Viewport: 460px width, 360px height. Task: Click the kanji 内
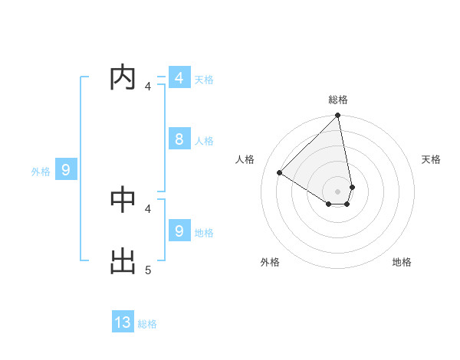tap(123, 78)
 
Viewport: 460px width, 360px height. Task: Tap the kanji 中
tap(123, 200)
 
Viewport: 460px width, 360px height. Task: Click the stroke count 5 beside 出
tap(148, 270)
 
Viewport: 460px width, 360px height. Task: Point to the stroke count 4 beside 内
tap(148, 87)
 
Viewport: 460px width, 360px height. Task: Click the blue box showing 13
tap(123, 322)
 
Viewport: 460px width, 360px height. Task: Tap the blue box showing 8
tap(179, 139)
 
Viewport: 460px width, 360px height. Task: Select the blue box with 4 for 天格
tap(179, 78)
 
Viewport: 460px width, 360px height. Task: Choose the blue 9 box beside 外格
tap(65, 170)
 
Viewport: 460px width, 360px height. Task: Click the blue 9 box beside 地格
tap(179, 231)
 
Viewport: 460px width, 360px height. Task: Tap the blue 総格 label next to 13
tap(147, 324)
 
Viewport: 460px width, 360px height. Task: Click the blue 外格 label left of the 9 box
tap(41, 172)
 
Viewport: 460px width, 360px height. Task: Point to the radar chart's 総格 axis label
tap(338, 100)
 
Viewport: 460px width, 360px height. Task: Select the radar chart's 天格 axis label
tap(432, 159)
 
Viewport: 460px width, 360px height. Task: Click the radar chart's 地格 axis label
tap(402, 262)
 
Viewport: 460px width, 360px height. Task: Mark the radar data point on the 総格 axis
tap(338, 116)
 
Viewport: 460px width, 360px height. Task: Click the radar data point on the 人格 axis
tap(280, 172)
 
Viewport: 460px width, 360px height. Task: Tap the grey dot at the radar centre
tap(338, 191)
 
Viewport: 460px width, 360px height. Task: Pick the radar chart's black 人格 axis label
tap(245, 159)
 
